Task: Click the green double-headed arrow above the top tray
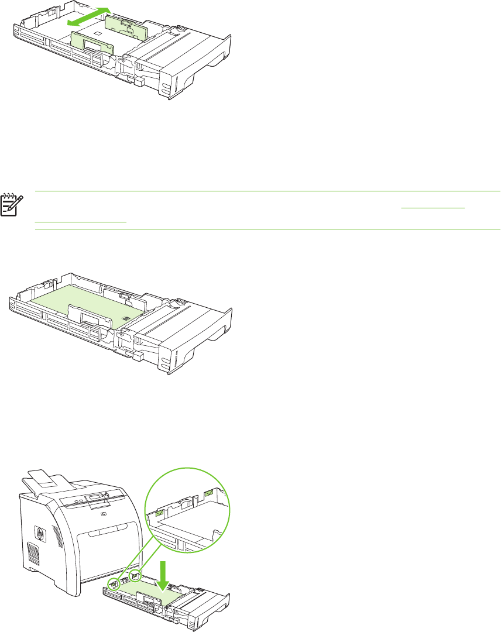[88, 16]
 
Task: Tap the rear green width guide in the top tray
[124, 26]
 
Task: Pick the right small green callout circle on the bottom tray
[136, 576]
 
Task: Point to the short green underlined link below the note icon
[81, 222]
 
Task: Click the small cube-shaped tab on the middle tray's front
[139, 355]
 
